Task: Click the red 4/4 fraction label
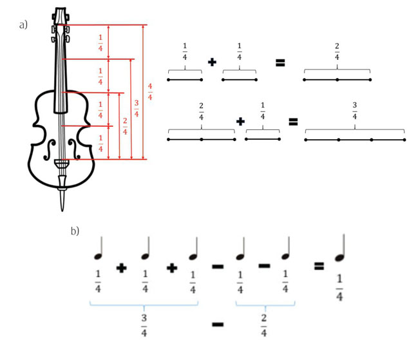pyautogui.click(x=150, y=91)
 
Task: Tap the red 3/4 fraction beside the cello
pyautogui.click(x=137, y=108)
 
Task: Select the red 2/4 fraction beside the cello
pyautogui.click(x=125, y=126)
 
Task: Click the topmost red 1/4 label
pyautogui.click(x=100, y=43)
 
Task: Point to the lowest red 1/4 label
pyautogui.click(x=100, y=144)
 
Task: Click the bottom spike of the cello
pyautogui.click(x=62, y=200)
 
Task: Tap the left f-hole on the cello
pyautogui.click(x=50, y=150)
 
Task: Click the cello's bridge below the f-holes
pyautogui.click(x=62, y=163)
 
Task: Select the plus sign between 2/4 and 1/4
pyautogui.click(x=240, y=122)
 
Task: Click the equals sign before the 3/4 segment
pyautogui.click(x=293, y=122)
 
